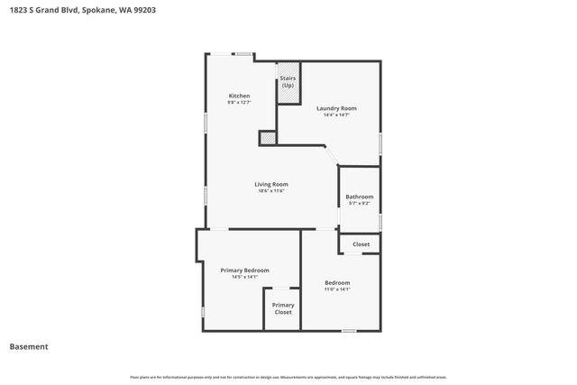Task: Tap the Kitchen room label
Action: point(239,96)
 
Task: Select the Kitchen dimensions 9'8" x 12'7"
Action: point(239,103)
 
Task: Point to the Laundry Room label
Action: point(333,108)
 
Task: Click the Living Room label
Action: point(271,184)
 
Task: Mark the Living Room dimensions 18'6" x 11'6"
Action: point(271,191)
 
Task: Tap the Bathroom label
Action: point(360,197)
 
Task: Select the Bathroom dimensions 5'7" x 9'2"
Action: point(360,204)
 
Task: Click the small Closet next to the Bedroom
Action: point(361,244)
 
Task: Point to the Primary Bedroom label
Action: point(245,270)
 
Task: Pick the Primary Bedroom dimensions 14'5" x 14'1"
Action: point(245,277)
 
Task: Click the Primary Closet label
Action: point(283,308)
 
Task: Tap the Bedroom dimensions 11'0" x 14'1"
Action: point(337,289)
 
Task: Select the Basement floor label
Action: point(29,346)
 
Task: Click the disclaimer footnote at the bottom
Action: point(288,377)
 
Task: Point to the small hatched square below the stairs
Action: point(267,137)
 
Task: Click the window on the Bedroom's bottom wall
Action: point(348,331)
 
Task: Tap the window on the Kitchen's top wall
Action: point(243,55)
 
